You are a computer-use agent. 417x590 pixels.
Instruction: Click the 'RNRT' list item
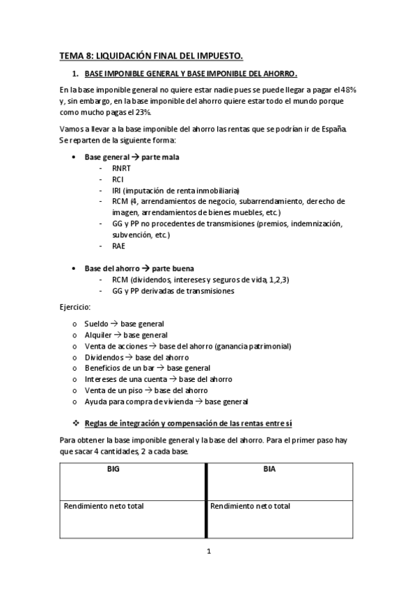pos(123,168)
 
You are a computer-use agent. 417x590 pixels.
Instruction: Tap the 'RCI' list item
pos(118,179)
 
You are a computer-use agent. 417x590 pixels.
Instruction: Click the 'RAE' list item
pos(119,246)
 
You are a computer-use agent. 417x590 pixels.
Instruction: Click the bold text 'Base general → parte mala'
pos(122,157)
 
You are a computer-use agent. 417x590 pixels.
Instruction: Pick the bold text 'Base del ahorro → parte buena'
pos(129,268)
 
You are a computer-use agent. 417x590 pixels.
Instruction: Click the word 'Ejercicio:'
pos(74,307)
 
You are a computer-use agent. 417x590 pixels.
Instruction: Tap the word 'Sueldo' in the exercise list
pos(96,324)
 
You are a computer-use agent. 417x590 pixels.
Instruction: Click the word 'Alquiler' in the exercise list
pos(97,335)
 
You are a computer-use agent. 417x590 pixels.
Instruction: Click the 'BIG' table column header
pos(112,469)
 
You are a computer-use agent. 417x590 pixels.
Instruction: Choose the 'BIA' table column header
pos(270,469)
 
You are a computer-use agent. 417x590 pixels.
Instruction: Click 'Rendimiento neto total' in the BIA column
pos(250,506)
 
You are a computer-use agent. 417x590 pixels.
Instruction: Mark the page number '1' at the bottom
pos(208,552)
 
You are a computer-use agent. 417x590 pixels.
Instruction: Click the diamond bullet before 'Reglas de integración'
pos(76,424)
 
